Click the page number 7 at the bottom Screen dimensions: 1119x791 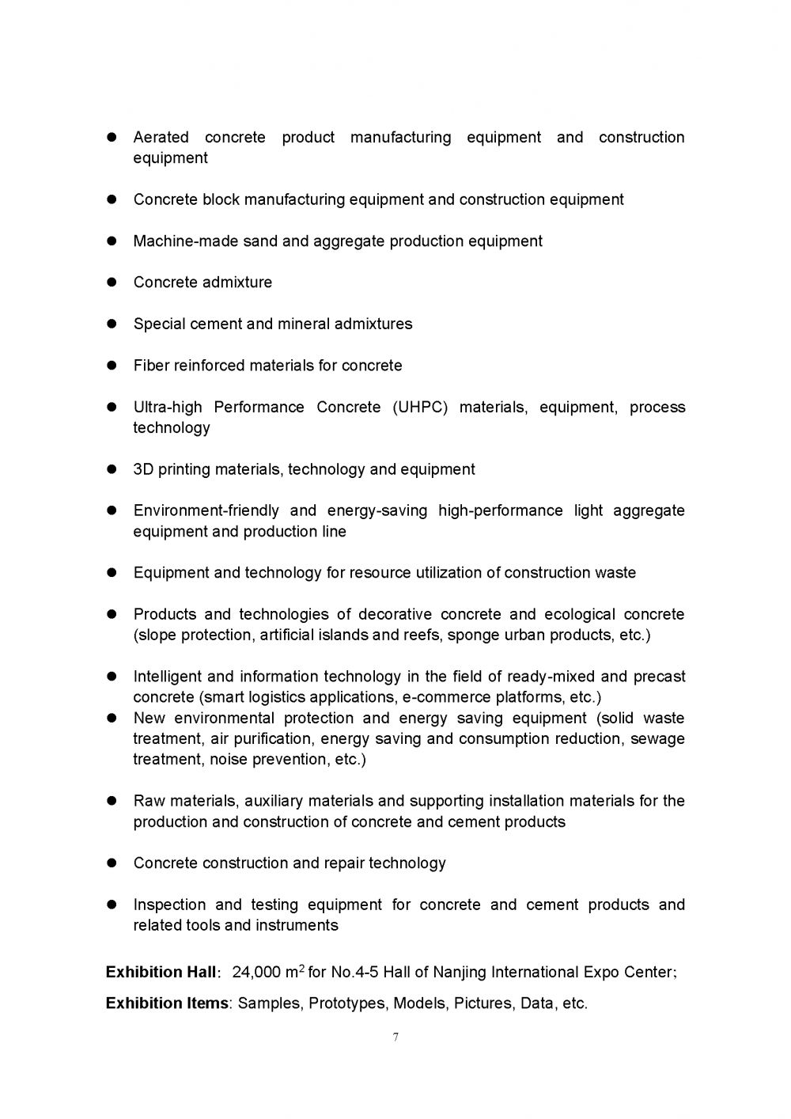point(395,1037)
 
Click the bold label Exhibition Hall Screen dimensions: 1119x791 point(161,972)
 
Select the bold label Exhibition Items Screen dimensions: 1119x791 point(167,1003)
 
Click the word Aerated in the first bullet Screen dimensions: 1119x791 point(161,138)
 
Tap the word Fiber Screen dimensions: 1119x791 point(151,366)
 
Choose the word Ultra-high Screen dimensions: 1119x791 point(168,408)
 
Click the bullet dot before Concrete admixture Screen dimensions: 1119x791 point(112,283)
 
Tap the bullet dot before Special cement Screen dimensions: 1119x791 point(112,324)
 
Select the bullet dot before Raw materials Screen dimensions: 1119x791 point(112,801)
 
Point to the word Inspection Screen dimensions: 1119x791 point(169,905)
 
